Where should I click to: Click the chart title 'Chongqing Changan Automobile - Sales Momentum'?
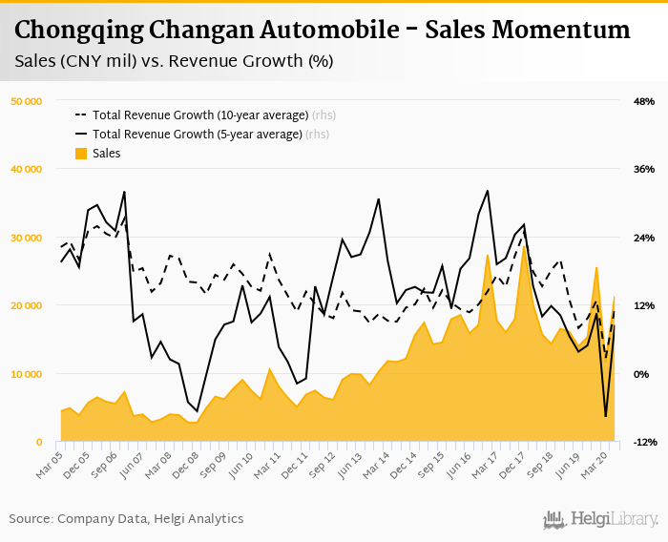(323, 30)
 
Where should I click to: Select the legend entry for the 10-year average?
(201, 115)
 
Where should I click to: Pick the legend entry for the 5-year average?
(198, 135)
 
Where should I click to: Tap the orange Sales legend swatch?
(81, 154)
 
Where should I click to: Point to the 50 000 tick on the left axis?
(26, 101)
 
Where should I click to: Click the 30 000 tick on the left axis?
(26, 238)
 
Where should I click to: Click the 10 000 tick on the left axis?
(26, 374)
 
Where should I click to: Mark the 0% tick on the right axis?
(642, 374)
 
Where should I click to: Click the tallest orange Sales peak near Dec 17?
(524, 247)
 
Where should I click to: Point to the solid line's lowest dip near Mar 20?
(605, 416)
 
